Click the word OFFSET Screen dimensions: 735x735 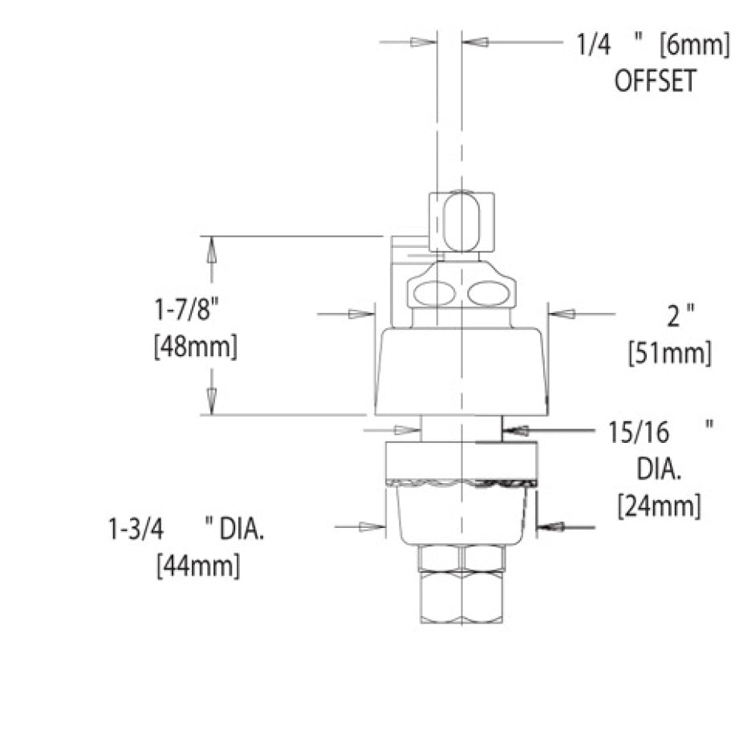tap(654, 82)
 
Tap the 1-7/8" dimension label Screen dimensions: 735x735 tap(187, 308)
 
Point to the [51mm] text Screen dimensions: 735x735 tap(670, 353)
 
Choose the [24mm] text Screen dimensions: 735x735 tap(659, 506)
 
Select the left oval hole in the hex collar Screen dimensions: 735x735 tap(434, 294)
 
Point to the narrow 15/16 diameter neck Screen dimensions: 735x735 tap(460, 429)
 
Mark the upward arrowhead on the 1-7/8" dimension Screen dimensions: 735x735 tap(212, 249)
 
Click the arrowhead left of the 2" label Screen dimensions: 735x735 tap(558, 315)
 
